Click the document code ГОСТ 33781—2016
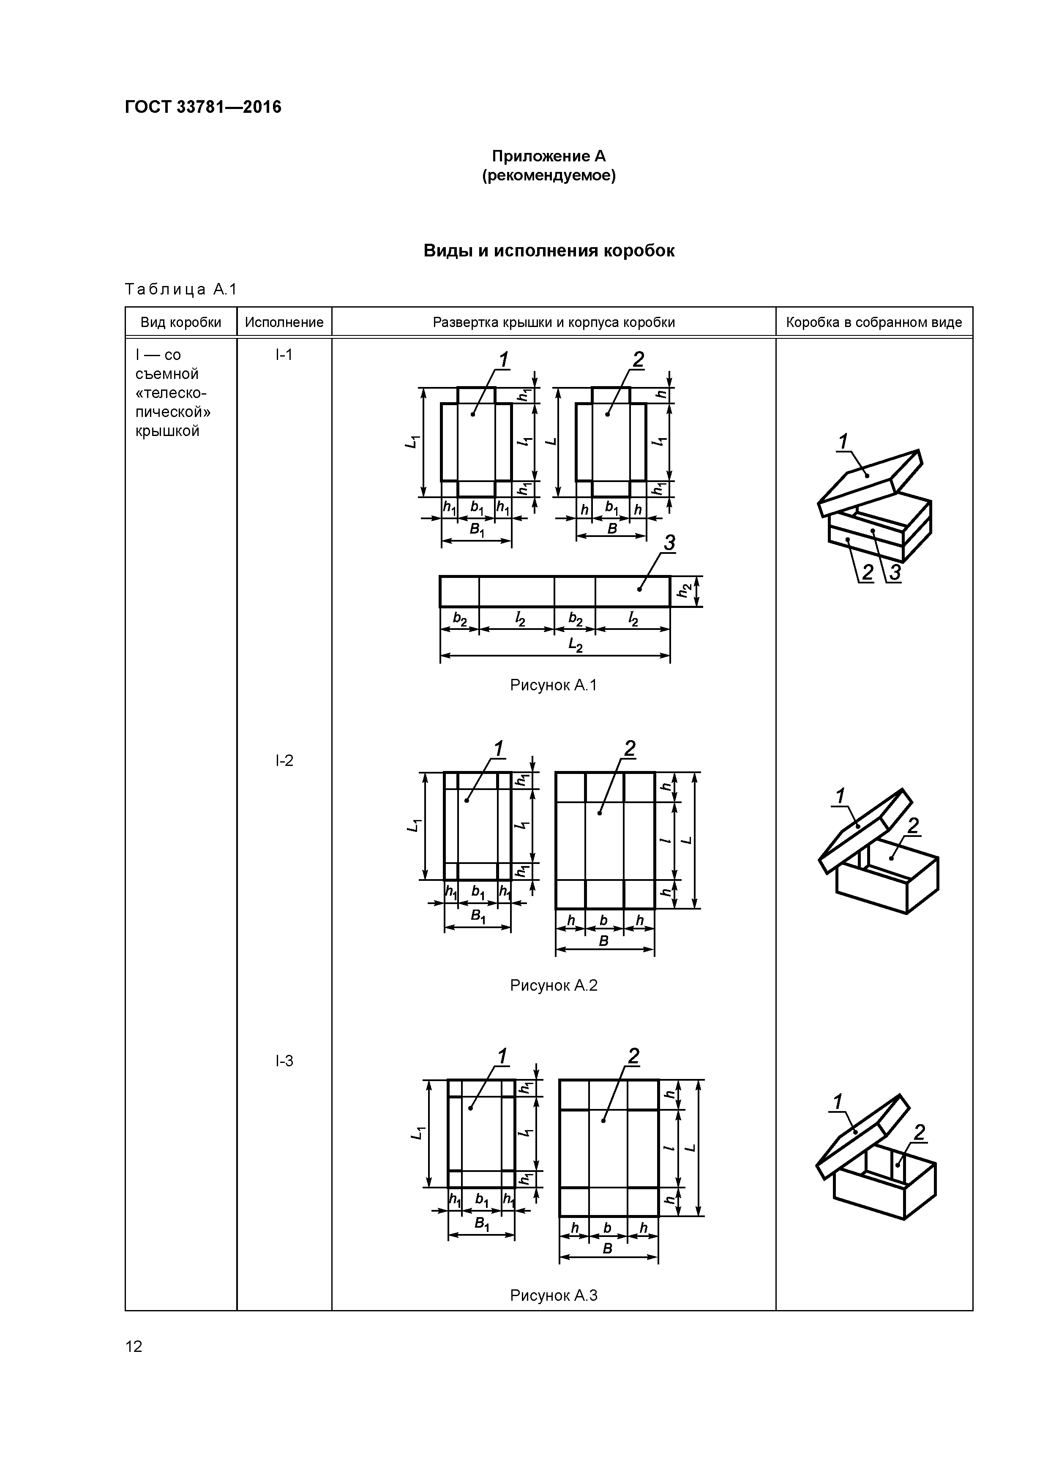[203, 107]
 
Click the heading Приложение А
[549, 156]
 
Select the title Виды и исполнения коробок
[549, 251]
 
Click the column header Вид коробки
[181, 322]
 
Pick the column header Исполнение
[284, 322]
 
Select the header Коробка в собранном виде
[873, 322]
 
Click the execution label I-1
[284, 354]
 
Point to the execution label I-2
[284, 761]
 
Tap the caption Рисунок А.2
[554, 985]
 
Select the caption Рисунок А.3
[554, 1295]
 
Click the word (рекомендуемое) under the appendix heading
[549, 176]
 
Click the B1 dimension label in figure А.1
[477, 531]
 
